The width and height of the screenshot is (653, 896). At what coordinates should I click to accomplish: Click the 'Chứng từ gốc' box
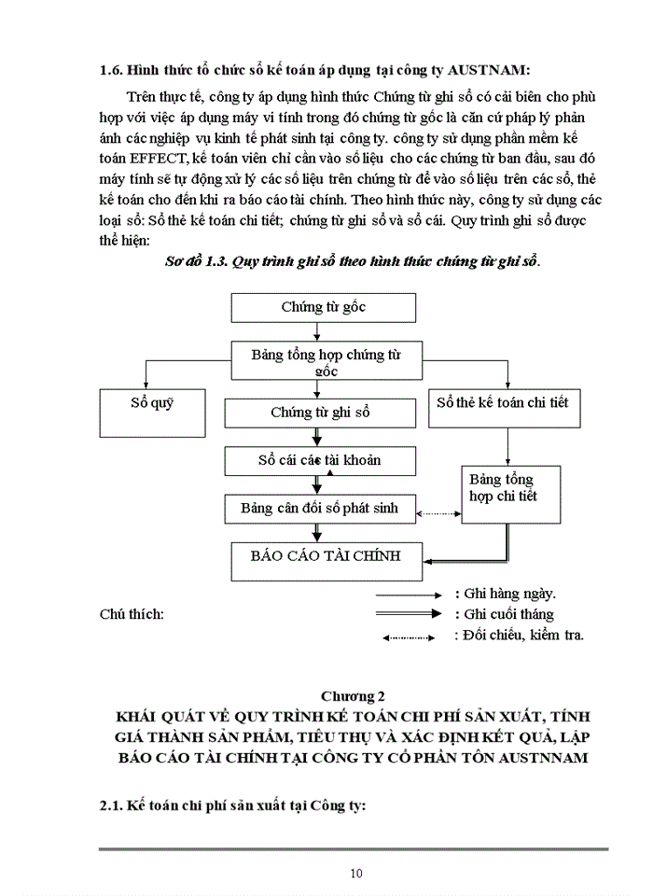click(x=323, y=308)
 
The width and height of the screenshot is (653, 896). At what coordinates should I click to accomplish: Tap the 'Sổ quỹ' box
click(x=152, y=413)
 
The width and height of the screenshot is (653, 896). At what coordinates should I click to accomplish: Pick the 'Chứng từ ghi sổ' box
click(x=320, y=412)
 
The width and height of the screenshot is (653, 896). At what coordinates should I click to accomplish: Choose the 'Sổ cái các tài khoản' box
click(x=319, y=460)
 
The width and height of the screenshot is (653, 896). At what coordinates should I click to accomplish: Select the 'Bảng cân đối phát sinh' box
click(x=319, y=509)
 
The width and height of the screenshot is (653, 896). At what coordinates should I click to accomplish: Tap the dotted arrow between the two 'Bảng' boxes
click(x=438, y=513)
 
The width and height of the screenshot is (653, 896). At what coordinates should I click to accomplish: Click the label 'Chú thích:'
click(x=132, y=614)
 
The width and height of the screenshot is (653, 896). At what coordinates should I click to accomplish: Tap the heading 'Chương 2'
click(x=354, y=696)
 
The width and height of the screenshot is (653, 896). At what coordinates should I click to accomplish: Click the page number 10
click(x=355, y=874)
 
